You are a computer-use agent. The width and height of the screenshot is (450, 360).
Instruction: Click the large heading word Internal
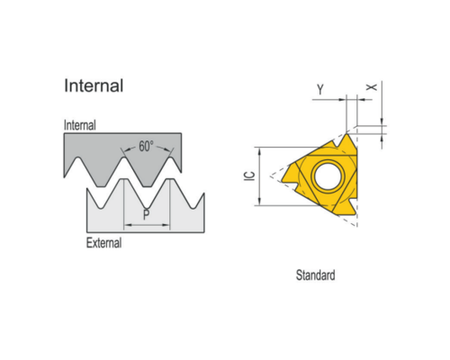point(94,85)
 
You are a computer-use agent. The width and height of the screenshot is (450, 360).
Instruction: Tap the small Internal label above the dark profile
point(80,125)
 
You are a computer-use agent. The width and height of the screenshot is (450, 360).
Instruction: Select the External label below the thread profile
point(103,243)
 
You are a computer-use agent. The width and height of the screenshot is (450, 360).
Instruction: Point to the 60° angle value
point(146,147)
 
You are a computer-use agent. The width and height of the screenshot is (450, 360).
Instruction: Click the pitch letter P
point(146,215)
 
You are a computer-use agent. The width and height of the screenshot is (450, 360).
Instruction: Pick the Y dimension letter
point(320,89)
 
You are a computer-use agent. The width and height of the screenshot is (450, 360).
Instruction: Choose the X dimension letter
point(372,87)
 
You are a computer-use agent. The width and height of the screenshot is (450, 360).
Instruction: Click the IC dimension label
point(249,175)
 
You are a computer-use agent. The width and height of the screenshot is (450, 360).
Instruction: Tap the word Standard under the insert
point(315,275)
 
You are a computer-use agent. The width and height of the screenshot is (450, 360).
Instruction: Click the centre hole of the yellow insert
point(328,175)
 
